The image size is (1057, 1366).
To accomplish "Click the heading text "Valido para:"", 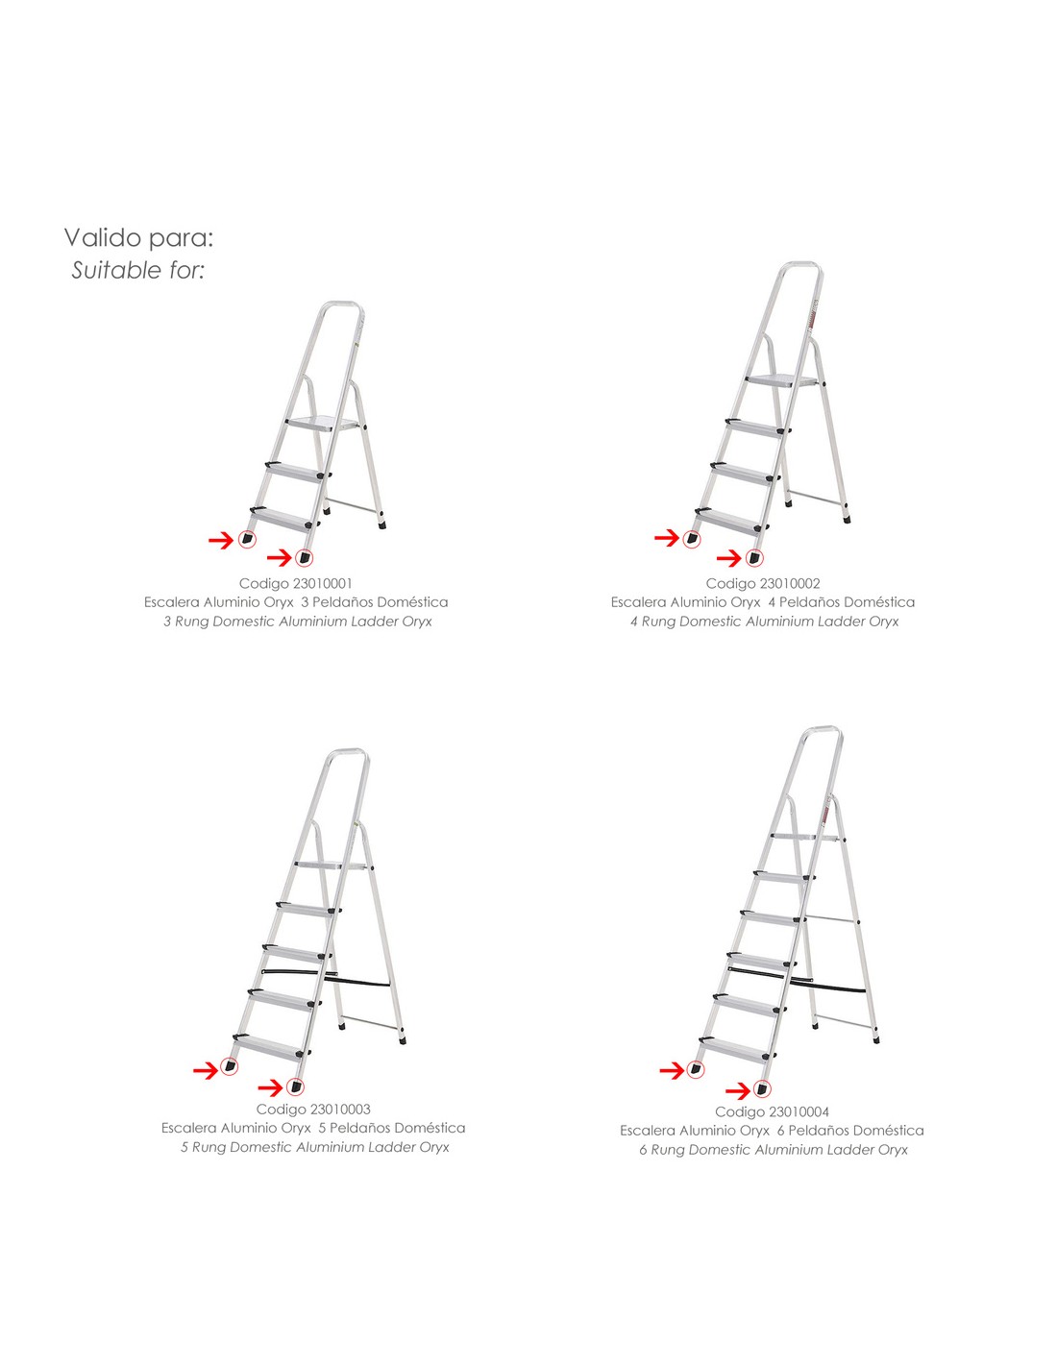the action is point(139,237).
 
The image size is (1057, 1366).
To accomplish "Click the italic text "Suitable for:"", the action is point(138,270).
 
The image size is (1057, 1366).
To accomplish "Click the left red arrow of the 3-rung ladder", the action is point(221,539).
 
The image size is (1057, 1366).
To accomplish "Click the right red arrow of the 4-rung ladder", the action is point(729,557).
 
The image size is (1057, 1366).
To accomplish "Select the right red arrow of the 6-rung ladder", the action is point(738,1090).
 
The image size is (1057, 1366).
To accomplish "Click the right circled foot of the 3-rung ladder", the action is point(305,557).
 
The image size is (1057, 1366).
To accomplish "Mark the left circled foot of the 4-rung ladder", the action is point(692,539).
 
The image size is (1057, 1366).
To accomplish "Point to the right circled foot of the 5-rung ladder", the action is point(295,1086).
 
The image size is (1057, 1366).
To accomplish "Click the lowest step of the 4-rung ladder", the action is point(732,520).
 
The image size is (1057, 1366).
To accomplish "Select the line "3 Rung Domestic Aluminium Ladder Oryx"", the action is point(298,622).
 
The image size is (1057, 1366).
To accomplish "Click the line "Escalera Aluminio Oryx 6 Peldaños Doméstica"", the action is point(772,1131).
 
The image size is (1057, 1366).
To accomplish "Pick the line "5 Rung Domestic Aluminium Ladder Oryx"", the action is point(315,1147).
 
